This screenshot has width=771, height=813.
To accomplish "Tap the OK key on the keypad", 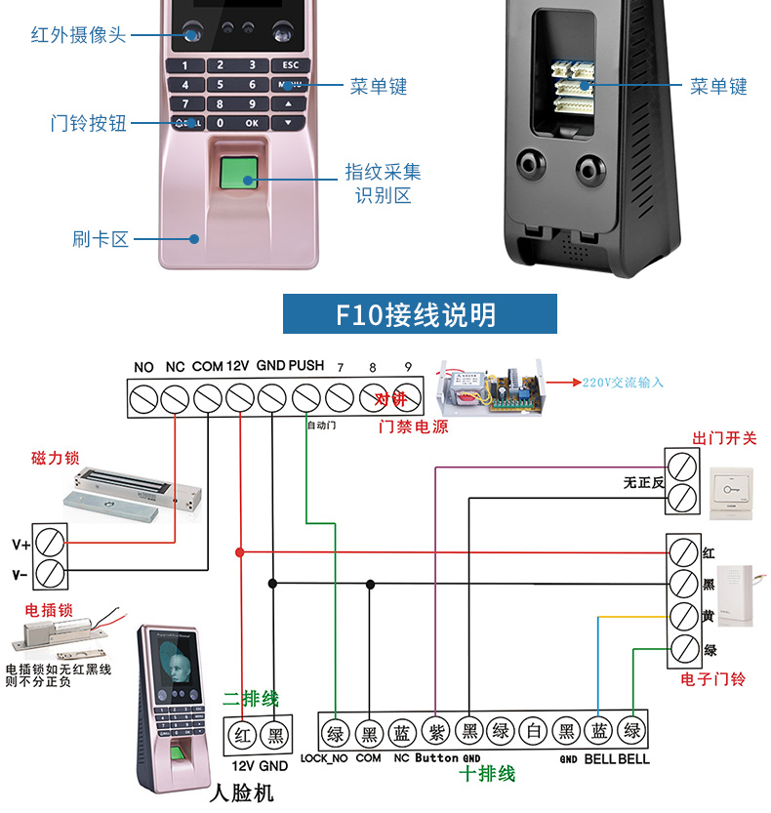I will [252, 123].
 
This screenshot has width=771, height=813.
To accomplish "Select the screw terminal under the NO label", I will [144, 398].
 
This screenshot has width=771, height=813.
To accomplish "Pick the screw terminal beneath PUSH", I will [306, 398].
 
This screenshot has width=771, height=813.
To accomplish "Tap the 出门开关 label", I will [724, 438].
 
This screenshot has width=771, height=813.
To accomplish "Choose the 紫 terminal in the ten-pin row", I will [435, 733].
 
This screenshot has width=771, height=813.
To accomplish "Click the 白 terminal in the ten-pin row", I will [533, 733].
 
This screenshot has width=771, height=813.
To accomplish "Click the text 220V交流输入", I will [623, 383].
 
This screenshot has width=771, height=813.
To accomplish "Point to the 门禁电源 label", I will [413, 427].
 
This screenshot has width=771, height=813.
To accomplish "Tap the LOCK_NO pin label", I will [324, 758].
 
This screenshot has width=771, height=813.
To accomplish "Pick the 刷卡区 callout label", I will [101, 239].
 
